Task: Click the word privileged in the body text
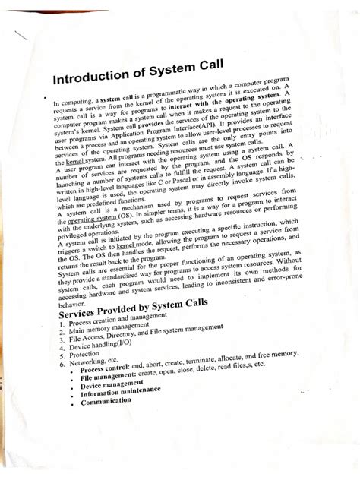click(x=77, y=236)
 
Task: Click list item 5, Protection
click(x=84, y=365)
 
